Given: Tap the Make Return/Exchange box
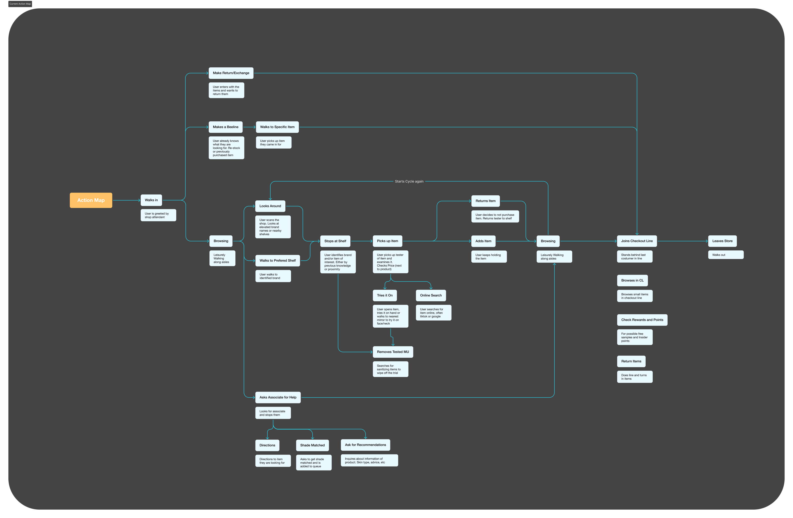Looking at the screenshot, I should tap(231, 73).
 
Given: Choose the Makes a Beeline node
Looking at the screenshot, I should tap(226, 127).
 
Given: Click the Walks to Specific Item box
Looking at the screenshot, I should tap(277, 127).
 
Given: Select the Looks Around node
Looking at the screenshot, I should tap(270, 206).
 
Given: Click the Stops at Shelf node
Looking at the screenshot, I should tap(335, 241).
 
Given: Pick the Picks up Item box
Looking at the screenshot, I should tap(387, 241).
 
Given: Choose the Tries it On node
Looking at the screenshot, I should tap(385, 295).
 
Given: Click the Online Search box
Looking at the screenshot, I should tap(431, 295).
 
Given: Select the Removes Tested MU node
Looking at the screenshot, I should tap(393, 352).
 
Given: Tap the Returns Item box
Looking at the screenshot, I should tap(485, 201).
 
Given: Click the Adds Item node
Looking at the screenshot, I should tap(483, 241).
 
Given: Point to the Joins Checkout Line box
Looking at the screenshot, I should tap(637, 241).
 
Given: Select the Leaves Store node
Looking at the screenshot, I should tap(722, 241).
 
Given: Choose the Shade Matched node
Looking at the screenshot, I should tap(312, 445).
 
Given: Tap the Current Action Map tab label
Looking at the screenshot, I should tap(20, 4).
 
